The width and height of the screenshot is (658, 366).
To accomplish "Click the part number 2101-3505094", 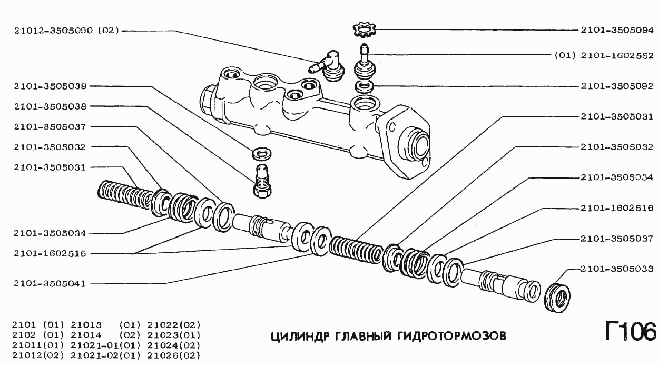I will (616, 30).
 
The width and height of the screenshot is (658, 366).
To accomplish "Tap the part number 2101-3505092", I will (616, 85).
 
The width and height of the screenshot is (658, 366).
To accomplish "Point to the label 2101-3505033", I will (616, 269).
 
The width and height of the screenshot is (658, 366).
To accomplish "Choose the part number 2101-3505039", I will (51, 85).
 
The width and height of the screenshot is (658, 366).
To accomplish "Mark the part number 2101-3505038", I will (51, 106).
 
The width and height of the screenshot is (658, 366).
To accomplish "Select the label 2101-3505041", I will (51, 283).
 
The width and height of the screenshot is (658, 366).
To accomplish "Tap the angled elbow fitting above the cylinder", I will (328, 64).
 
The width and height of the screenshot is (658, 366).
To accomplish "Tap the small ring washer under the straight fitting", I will (364, 85).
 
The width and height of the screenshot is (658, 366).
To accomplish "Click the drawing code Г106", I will (630, 332).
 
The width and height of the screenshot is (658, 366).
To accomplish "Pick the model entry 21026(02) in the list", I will (174, 355).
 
